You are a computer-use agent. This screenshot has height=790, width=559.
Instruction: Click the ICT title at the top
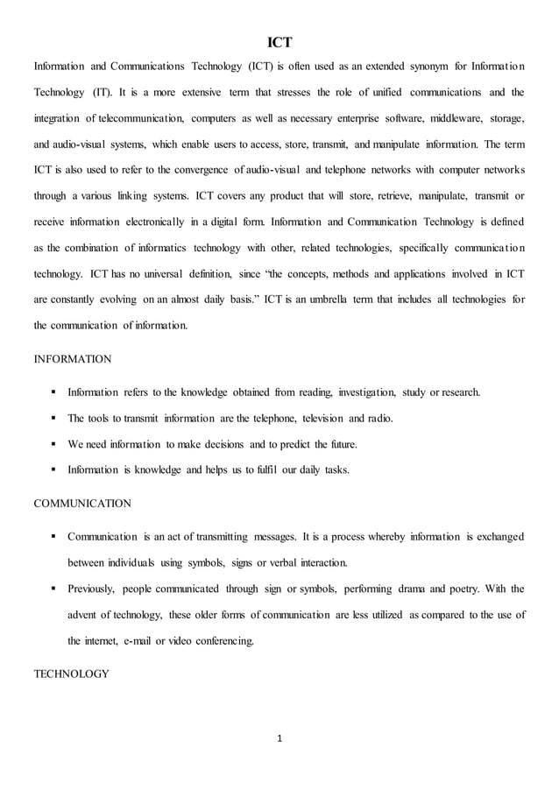(x=279, y=41)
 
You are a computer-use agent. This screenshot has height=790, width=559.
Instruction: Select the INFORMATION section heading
(x=73, y=359)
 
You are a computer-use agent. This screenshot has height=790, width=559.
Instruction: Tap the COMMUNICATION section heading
(x=82, y=504)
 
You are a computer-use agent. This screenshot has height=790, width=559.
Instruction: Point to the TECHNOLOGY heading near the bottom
(x=71, y=674)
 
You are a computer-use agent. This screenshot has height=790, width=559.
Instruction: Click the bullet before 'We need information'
(x=54, y=444)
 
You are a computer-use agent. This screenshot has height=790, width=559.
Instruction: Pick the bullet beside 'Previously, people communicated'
(x=54, y=589)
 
